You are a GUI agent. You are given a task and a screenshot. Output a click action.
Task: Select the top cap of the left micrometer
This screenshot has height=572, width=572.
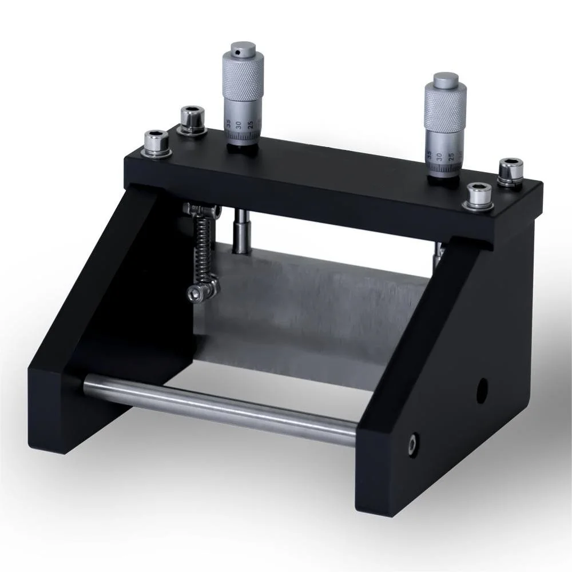point(243,49)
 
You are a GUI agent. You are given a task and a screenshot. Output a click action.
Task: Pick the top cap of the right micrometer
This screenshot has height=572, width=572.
point(446,80)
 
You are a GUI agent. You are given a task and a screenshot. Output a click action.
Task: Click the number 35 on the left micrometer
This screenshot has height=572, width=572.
point(229,123)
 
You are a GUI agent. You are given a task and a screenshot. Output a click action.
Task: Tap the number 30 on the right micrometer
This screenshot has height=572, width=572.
point(438,156)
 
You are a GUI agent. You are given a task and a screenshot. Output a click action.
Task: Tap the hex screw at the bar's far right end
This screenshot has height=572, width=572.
point(510,170)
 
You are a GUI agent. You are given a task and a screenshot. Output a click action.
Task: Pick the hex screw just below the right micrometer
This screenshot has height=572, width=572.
point(478,196)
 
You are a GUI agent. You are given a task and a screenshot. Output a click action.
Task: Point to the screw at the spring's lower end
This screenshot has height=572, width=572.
point(200,292)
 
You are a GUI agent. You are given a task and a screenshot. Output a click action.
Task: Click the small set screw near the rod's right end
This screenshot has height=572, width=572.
point(412,444)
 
